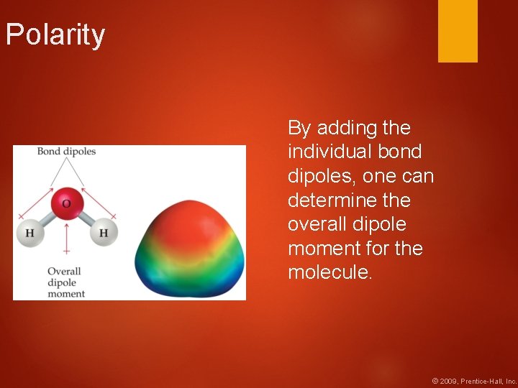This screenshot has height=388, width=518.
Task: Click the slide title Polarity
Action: tap(55, 35)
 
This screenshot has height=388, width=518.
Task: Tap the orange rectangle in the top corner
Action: tap(458, 31)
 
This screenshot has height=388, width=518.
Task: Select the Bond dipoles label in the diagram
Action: tap(66, 152)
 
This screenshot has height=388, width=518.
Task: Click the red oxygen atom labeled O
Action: tap(66, 203)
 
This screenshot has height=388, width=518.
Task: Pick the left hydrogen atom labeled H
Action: tap(29, 233)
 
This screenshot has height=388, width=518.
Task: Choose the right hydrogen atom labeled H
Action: tap(104, 233)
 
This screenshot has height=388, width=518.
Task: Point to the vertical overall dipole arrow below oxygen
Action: tap(66, 237)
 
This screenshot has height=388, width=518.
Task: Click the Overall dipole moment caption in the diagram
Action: tap(65, 282)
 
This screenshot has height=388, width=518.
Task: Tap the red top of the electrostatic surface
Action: tap(190, 216)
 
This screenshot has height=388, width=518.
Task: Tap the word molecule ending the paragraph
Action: tap(330, 272)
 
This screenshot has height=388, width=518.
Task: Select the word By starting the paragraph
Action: tap(299, 128)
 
